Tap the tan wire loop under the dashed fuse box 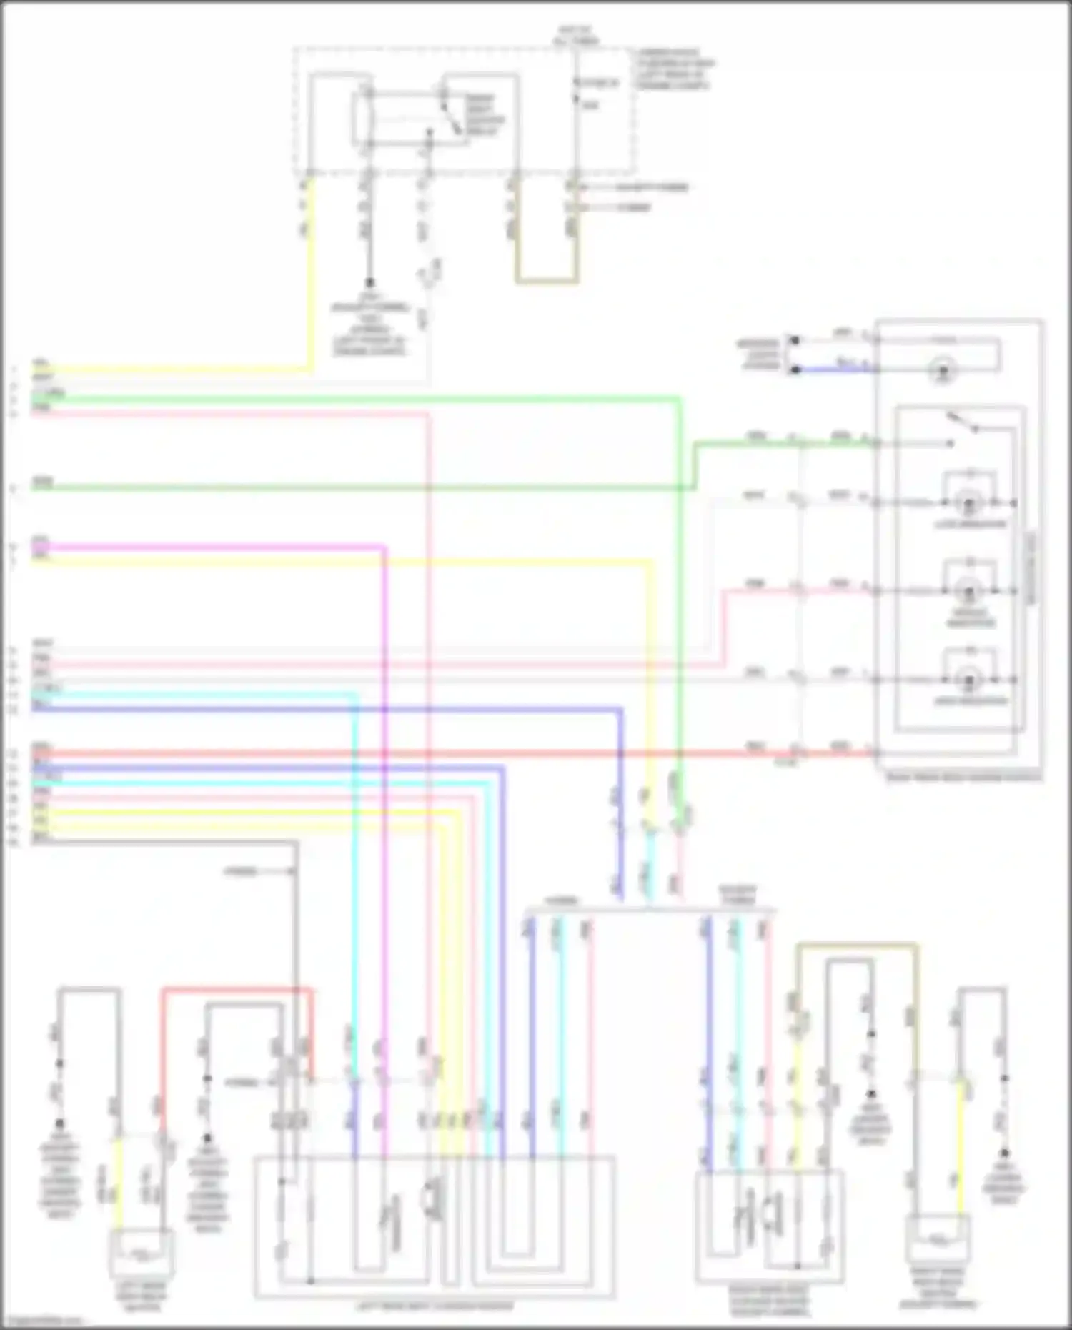pos(547,281)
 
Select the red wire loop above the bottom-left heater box pos(236,990)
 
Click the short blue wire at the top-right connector pos(829,369)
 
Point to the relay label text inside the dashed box pos(486,114)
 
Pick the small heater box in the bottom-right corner pos(938,1241)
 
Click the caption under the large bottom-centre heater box pos(435,1306)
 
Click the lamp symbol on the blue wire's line pos(943,371)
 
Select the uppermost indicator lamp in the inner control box pos(970,504)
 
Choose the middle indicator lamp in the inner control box pos(970,592)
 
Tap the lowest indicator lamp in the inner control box pos(970,680)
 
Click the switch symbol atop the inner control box pos(961,423)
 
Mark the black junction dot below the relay pos(370,283)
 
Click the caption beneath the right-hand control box pos(963,778)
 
